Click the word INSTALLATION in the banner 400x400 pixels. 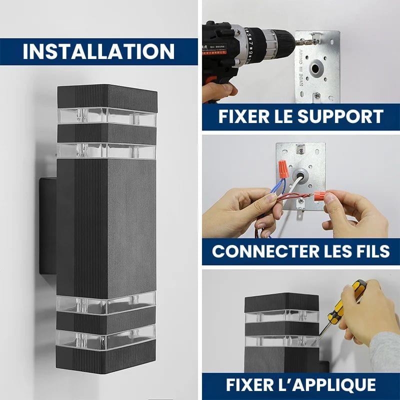pos(98,51)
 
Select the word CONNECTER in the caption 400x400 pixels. pos(265,251)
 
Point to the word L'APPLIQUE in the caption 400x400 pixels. pos(334,384)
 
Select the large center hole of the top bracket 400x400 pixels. pos(315,68)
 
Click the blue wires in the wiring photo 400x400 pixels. pos(277,185)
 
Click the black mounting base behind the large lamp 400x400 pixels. pos(48,226)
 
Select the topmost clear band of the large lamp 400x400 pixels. pos(106,116)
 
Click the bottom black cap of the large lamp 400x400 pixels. pos(105,356)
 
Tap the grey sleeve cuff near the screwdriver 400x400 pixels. pos(384,351)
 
